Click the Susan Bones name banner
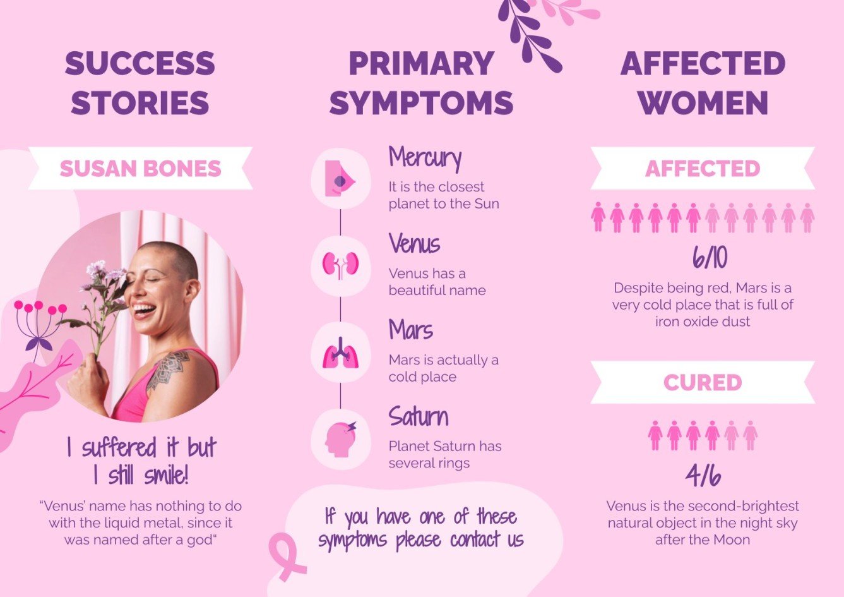click(140, 169)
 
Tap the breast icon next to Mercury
click(340, 179)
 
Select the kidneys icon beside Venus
click(340, 265)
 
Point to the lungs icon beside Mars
click(340, 353)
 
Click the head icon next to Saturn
click(340, 438)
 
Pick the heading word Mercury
click(425, 158)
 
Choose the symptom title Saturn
click(419, 417)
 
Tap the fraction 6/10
click(709, 258)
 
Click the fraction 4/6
click(703, 476)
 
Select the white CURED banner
click(702, 383)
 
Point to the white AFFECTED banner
click(702, 169)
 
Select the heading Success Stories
click(140, 83)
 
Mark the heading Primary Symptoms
click(421, 83)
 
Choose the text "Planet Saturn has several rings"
click(444, 455)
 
